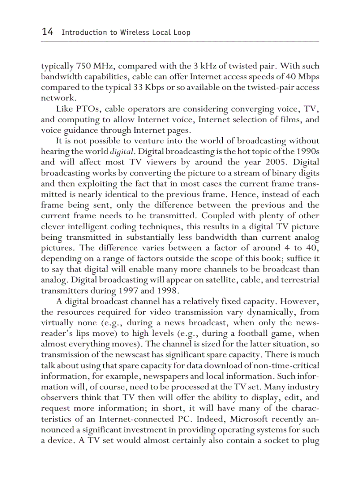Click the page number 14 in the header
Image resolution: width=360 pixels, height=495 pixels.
[x=47, y=32]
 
